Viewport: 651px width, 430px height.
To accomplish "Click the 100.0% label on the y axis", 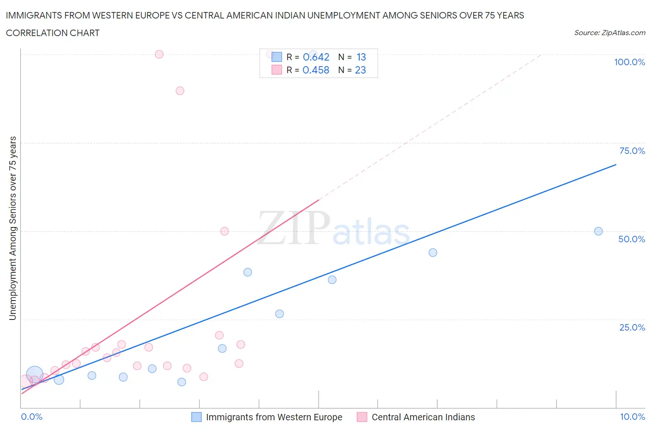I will click(x=629, y=62).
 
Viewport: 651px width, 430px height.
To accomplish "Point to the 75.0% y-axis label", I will click(x=632, y=151).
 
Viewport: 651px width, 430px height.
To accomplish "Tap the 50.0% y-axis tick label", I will click(x=632, y=239).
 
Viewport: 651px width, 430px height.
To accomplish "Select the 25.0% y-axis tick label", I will click(x=632, y=327).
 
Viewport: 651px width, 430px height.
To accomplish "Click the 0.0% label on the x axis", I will click(x=31, y=417).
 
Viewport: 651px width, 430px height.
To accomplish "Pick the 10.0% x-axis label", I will click(x=632, y=417).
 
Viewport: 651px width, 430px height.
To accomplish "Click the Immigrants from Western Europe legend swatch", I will click(x=196, y=417).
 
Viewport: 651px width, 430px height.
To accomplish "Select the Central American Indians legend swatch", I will click(x=362, y=417).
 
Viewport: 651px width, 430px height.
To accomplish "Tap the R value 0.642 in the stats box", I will click(x=316, y=57).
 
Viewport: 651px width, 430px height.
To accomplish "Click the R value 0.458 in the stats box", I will click(x=316, y=70).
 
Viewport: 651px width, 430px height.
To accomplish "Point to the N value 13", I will click(x=361, y=57).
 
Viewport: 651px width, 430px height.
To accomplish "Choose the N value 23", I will click(x=360, y=70).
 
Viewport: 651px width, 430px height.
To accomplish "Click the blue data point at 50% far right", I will click(x=598, y=231).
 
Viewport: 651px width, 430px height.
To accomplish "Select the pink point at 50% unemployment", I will click(x=225, y=231).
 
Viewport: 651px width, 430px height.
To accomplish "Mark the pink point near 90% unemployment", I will click(x=180, y=91).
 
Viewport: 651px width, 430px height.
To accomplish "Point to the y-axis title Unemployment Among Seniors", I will click(x=13, y=228).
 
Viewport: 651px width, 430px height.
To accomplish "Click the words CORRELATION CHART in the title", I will click(x=53, y=33).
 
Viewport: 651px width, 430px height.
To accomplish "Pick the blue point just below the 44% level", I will click(x=433, y=252).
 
